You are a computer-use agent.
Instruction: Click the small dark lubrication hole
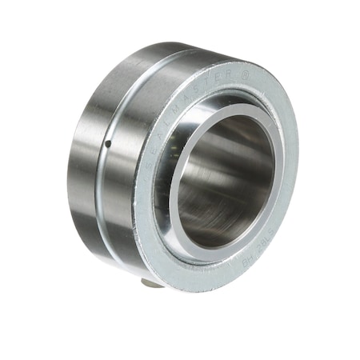click(106, 144)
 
